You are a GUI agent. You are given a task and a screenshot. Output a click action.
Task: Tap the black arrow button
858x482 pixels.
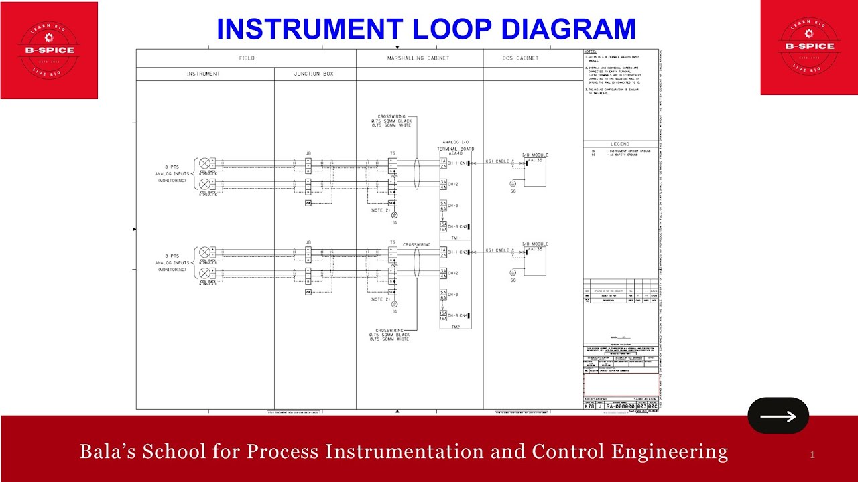click(778, 416)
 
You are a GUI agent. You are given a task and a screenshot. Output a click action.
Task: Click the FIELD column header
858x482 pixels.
click(247, 58)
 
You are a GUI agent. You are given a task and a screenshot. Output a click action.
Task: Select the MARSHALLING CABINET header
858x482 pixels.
click(418, 58)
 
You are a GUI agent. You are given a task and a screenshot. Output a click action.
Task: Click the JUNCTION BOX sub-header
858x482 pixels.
click(314, 74)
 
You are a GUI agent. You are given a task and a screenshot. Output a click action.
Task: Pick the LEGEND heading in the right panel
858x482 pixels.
click(620, 144)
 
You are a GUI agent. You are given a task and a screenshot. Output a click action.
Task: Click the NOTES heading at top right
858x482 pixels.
click(590, 52)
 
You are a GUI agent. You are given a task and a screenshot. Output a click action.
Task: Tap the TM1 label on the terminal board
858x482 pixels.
click(455, 238)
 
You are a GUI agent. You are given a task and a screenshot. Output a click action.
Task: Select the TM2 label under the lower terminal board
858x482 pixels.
click(455, 327)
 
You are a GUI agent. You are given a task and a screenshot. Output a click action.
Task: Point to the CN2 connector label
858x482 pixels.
click(464, 227)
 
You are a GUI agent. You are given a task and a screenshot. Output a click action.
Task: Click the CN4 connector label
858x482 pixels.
click(464, 315)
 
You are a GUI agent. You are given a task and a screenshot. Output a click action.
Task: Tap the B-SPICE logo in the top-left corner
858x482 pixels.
click(49, 50)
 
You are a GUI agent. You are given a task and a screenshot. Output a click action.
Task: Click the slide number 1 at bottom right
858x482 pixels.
click(812, 455)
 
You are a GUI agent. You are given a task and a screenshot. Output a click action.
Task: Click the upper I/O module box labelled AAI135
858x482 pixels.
click(536, 173)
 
